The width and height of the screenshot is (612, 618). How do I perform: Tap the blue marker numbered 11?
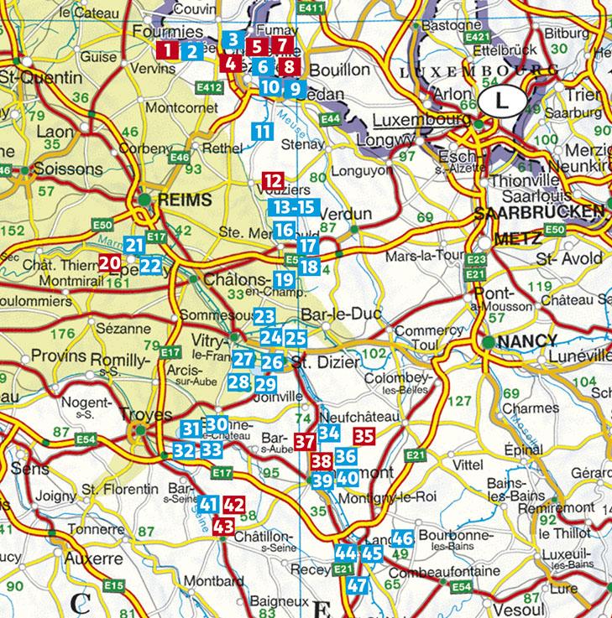(263, 131)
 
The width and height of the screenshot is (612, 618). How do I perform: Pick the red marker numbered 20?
(108, 262)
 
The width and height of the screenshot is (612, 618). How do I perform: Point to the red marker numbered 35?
(364, 435)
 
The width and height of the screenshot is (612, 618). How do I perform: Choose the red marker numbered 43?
(222, 527)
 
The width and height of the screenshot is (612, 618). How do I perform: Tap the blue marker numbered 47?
(358, 585)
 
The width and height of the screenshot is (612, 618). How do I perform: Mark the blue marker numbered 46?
(402, 538)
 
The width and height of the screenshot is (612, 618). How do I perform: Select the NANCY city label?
(526, 341)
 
